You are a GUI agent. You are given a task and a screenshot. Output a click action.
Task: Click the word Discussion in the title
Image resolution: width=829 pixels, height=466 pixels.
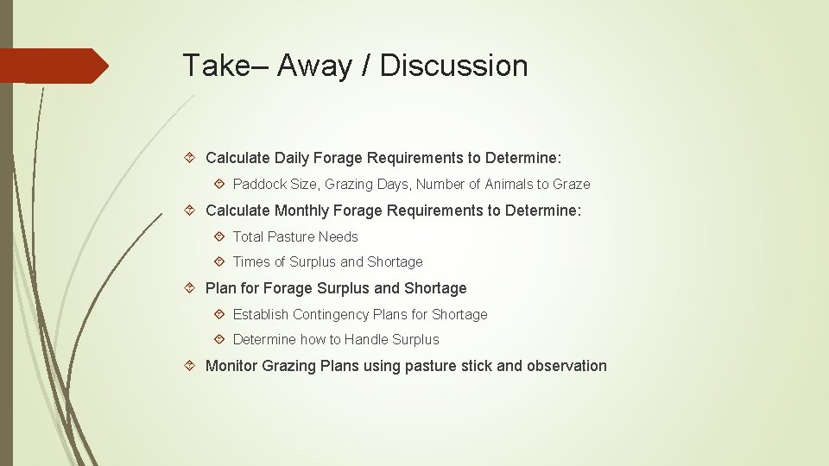coord(453,66)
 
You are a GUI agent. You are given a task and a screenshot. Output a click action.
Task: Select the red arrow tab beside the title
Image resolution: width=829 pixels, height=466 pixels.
coord(54,66)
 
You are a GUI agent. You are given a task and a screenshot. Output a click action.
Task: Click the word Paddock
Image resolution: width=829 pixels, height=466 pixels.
coord(259,184)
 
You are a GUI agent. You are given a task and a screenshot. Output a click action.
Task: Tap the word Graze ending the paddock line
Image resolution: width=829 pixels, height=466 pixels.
coord(570,184)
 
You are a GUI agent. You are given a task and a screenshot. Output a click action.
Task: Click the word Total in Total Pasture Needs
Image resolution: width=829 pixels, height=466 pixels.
coord(248,236)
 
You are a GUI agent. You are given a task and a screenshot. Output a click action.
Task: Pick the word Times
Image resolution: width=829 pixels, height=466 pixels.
coord(251,261)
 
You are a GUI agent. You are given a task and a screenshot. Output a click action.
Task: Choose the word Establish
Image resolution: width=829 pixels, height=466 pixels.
coord(260,314)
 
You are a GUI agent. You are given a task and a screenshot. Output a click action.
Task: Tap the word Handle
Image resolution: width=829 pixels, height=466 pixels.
coord(366,339)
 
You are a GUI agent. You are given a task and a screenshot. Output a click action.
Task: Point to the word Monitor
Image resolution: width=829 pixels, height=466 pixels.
coord(232,366)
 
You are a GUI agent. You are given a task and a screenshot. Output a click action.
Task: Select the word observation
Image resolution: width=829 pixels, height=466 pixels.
coord(566,366)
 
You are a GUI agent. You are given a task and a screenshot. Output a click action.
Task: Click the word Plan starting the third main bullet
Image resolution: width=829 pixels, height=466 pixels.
coord(219,288)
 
